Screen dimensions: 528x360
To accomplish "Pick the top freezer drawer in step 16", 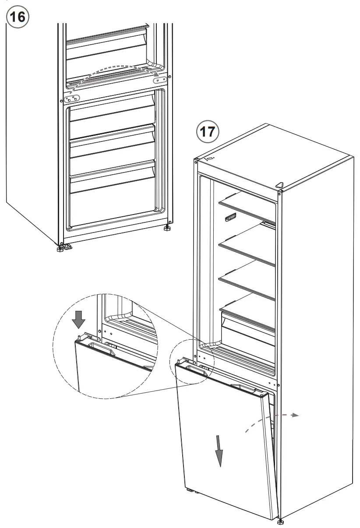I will point(112,114).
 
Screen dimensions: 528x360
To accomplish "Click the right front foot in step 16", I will point(167,228).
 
